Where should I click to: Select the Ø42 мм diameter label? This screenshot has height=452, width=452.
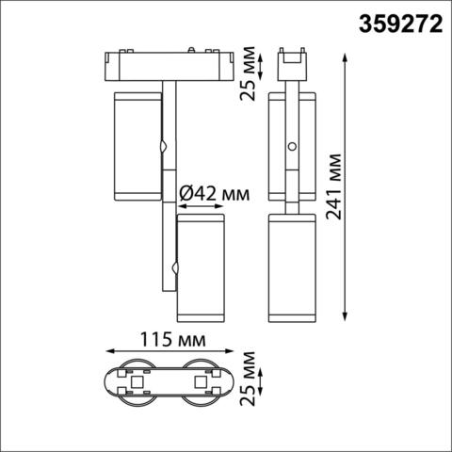(x=214, y=194)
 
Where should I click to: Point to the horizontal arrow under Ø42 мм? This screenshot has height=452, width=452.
(x=199, y=206)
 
